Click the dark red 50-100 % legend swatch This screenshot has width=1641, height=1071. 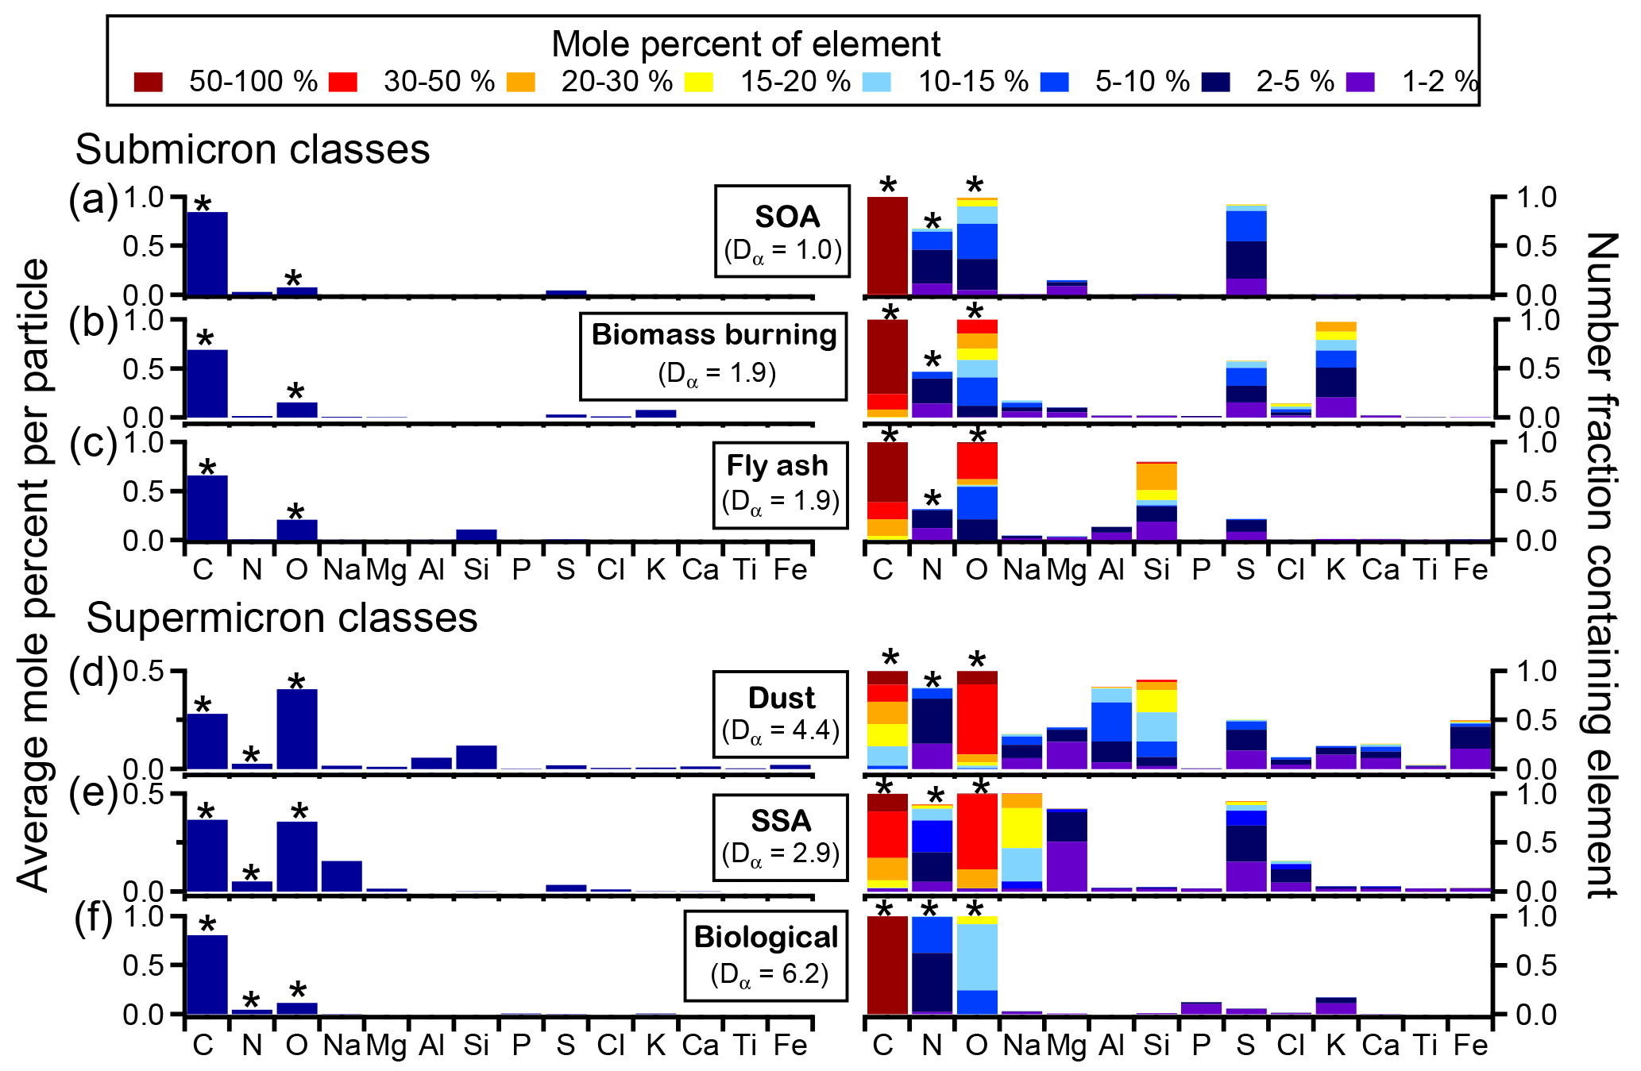[149, 82]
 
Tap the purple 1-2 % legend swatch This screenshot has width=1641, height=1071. [1361, 82]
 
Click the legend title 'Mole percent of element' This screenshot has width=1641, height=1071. [746, 44]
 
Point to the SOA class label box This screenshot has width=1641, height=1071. [782, 231]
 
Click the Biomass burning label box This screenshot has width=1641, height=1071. [713, 356]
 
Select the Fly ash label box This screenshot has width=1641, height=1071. [780, 484]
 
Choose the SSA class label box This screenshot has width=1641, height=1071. [780, 838]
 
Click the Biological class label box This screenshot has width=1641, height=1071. [766, 956]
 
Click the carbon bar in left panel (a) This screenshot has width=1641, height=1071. [207, 253]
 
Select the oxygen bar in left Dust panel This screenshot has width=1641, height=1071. [297, 729]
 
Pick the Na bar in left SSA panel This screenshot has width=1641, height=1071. [342, 876]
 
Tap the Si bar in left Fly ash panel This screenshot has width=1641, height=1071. [477, 534]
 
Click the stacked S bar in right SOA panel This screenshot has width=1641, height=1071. [1246, 250]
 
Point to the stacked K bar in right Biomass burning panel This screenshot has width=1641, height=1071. [1336, 370]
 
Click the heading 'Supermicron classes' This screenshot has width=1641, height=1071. [282, 618]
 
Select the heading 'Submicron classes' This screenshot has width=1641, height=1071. [253, 149]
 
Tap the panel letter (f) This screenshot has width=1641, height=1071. [95, 919]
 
